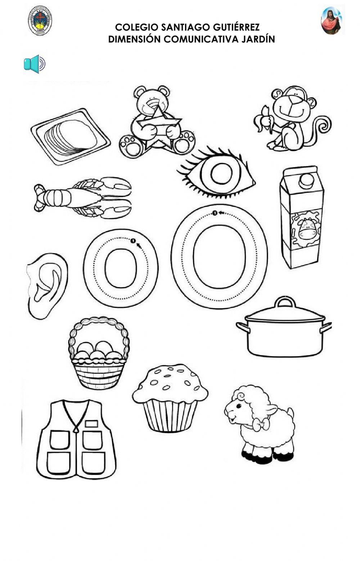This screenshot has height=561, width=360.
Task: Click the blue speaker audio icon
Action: [34, 64]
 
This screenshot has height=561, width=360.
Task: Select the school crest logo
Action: [40, 21]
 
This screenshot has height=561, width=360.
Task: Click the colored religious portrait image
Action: [331, 21]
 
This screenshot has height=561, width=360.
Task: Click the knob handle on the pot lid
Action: [285, 302]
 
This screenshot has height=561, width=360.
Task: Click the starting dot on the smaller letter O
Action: [133, 241]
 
